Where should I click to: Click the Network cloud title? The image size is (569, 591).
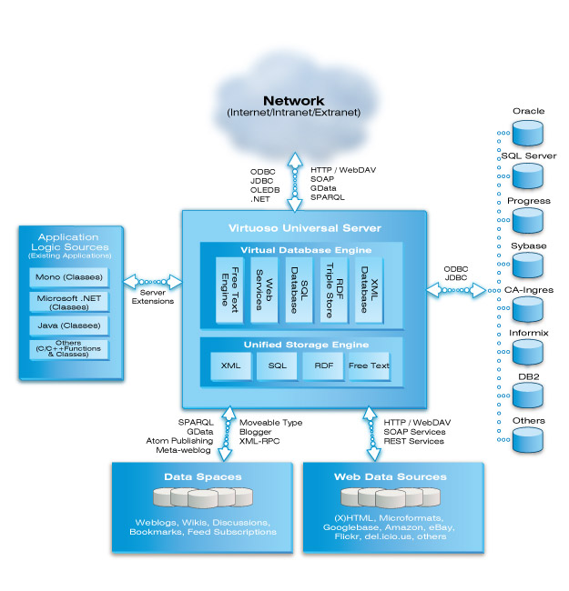[x=293, y=101]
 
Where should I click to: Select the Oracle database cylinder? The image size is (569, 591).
[x=527, y=133]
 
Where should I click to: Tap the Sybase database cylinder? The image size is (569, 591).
[x=527, y=265]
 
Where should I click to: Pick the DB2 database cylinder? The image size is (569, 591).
[x=527, y=396]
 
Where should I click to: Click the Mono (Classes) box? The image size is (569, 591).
[x=69, y=277]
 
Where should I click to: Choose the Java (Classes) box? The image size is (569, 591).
[x=69, y=326]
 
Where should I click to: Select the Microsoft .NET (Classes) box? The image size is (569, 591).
[x=69, y=302]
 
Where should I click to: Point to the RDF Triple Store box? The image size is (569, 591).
[x=334, y=290]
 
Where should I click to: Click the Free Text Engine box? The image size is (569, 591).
[x=229, y=290]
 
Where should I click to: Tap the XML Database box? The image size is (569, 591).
[x=369, y=290]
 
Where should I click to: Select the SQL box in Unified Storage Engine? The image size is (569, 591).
[x=278, y=366]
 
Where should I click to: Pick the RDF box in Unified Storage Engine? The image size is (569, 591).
[x=323, y=366]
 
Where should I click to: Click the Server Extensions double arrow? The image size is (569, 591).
[x=152, y=282]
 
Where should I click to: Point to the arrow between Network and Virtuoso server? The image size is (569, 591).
[x=295, y=182]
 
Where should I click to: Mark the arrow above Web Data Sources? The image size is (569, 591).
[x=371, y=435]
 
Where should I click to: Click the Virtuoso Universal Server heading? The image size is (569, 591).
[x=305, y=228]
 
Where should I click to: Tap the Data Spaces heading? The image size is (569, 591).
[x=203, y=476]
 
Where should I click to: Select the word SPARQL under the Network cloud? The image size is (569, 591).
[x=328, y=197]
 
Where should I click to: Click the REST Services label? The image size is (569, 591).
[x=413, y=441]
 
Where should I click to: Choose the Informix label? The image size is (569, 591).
[x=529, y=333]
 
